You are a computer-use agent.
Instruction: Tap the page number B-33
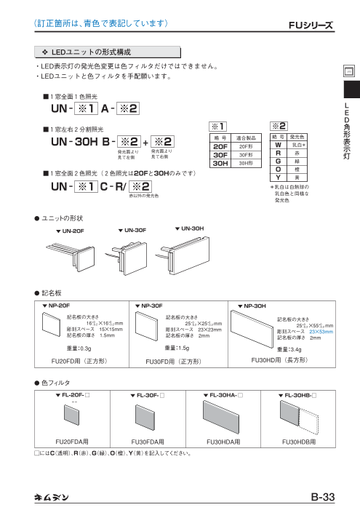[x=321, y=497]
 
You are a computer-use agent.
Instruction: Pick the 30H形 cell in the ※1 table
[x=245, y=164]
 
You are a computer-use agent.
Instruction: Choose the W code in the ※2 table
[x=277, y=146]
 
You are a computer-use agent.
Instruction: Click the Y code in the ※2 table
[x=277, y=177]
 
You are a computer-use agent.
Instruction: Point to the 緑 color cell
[x=297, y=162]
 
